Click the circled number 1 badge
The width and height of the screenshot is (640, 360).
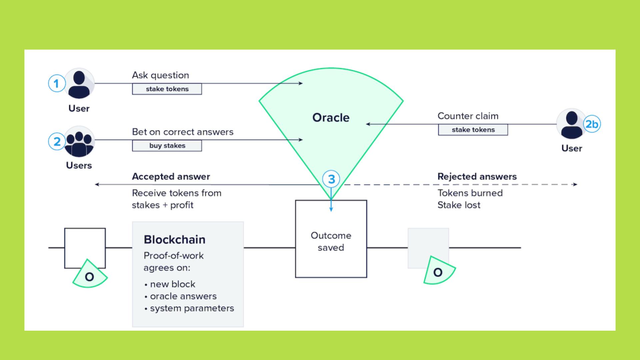pos(56,83)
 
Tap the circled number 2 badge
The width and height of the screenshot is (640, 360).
pos(57,141)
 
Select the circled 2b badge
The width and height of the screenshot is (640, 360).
pos(592,124)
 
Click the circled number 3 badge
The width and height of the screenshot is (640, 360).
pos(331,179)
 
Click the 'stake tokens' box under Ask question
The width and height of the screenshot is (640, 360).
pos(167,89)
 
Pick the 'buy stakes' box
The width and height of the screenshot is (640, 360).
pos(167,146)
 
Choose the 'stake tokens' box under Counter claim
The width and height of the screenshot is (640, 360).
pos(473,130)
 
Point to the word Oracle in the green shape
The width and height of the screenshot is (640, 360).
pos(331,118)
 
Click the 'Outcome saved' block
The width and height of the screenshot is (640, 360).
pos(331,241)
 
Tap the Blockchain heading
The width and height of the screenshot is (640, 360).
pos(174,239)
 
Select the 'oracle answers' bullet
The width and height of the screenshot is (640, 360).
pos(183,296)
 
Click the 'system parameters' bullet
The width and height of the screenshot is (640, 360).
pos(192,308)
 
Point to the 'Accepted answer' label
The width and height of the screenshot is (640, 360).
pos(171,176)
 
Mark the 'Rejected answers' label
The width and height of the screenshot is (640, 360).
pos(477,176)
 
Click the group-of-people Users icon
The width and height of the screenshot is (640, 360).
pos(79,141)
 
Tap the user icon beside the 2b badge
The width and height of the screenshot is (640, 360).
pos(571,124)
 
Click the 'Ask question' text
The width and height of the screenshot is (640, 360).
pos(160,75)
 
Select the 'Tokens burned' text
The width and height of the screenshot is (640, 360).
pos(470,193)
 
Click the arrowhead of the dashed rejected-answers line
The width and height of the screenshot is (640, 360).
pos(575,184)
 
